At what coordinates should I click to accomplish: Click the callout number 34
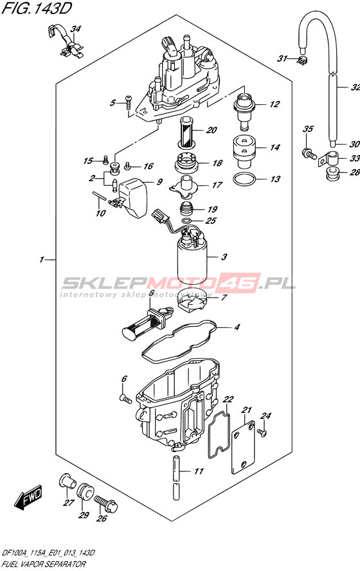point(76,29)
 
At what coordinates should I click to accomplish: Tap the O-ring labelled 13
point(244,179)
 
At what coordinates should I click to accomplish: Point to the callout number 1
point(42,259)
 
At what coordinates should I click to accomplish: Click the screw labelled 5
point(128,102)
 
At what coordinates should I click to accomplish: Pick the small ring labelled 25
point(186,221)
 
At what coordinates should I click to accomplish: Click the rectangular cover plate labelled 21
point(244,448)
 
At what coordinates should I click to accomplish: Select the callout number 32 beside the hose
point(355,87)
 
